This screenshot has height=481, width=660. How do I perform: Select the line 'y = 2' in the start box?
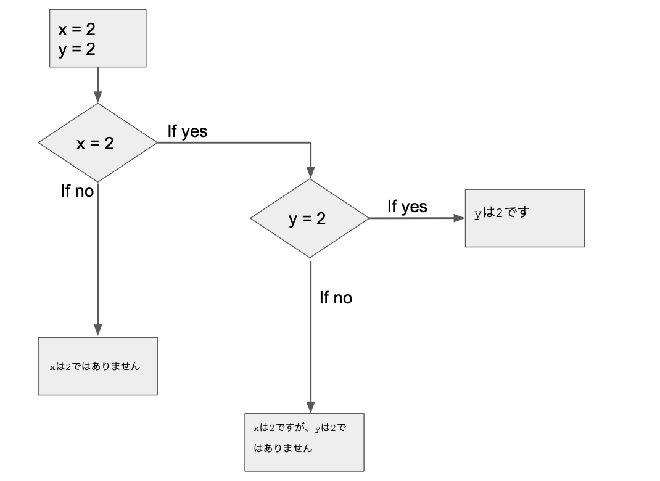77,49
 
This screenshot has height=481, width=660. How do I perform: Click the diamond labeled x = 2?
97,143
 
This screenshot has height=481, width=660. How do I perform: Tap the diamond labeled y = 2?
309,218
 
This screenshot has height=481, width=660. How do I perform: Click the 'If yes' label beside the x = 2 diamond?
188,131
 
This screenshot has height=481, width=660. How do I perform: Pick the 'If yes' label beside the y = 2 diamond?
407,207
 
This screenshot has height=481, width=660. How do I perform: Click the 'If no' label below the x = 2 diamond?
77,191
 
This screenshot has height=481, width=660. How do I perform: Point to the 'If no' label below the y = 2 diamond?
336,298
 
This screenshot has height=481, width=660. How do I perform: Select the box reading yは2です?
524,218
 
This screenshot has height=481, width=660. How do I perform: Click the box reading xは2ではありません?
97,366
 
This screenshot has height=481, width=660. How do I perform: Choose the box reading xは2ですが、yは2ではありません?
304,442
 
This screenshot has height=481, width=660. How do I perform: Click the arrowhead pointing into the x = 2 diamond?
97,97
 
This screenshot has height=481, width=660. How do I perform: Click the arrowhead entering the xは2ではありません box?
97,330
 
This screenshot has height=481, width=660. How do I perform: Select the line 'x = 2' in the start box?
77,29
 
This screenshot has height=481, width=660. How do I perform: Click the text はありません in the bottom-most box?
283,448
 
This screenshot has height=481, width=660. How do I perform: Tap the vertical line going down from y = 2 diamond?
310,333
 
